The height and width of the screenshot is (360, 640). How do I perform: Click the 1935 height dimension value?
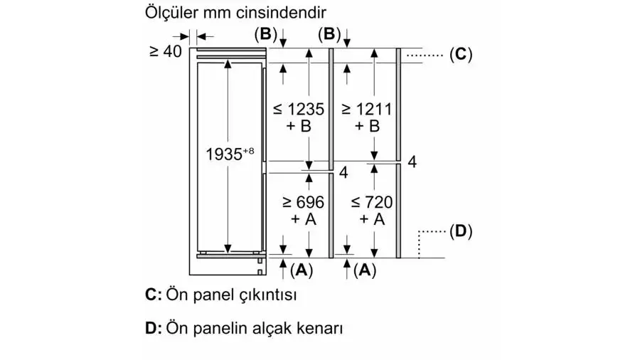pos(224,154)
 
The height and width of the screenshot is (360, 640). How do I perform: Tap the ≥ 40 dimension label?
pos(166,51)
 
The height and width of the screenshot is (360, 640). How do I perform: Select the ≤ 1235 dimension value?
pos(299,109)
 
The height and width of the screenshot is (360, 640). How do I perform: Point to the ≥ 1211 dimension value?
pos(366,109)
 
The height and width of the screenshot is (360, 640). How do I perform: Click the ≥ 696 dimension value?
pos(303,202)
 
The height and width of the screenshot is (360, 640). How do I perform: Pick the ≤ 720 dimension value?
pos(372,202)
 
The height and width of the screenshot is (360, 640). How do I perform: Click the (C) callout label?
pos(461,54)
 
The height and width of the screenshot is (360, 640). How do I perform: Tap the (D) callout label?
pos(461,231)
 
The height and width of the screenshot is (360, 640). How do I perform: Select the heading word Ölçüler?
pos(171,12)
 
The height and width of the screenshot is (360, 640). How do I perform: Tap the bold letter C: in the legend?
pos(154,295)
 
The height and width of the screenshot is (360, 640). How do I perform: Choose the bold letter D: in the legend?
pos(154,328)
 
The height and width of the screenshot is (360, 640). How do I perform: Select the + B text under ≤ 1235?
pos(299,126)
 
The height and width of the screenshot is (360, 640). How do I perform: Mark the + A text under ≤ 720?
pos(372,219)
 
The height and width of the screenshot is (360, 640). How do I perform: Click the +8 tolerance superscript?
pos(249,151)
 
